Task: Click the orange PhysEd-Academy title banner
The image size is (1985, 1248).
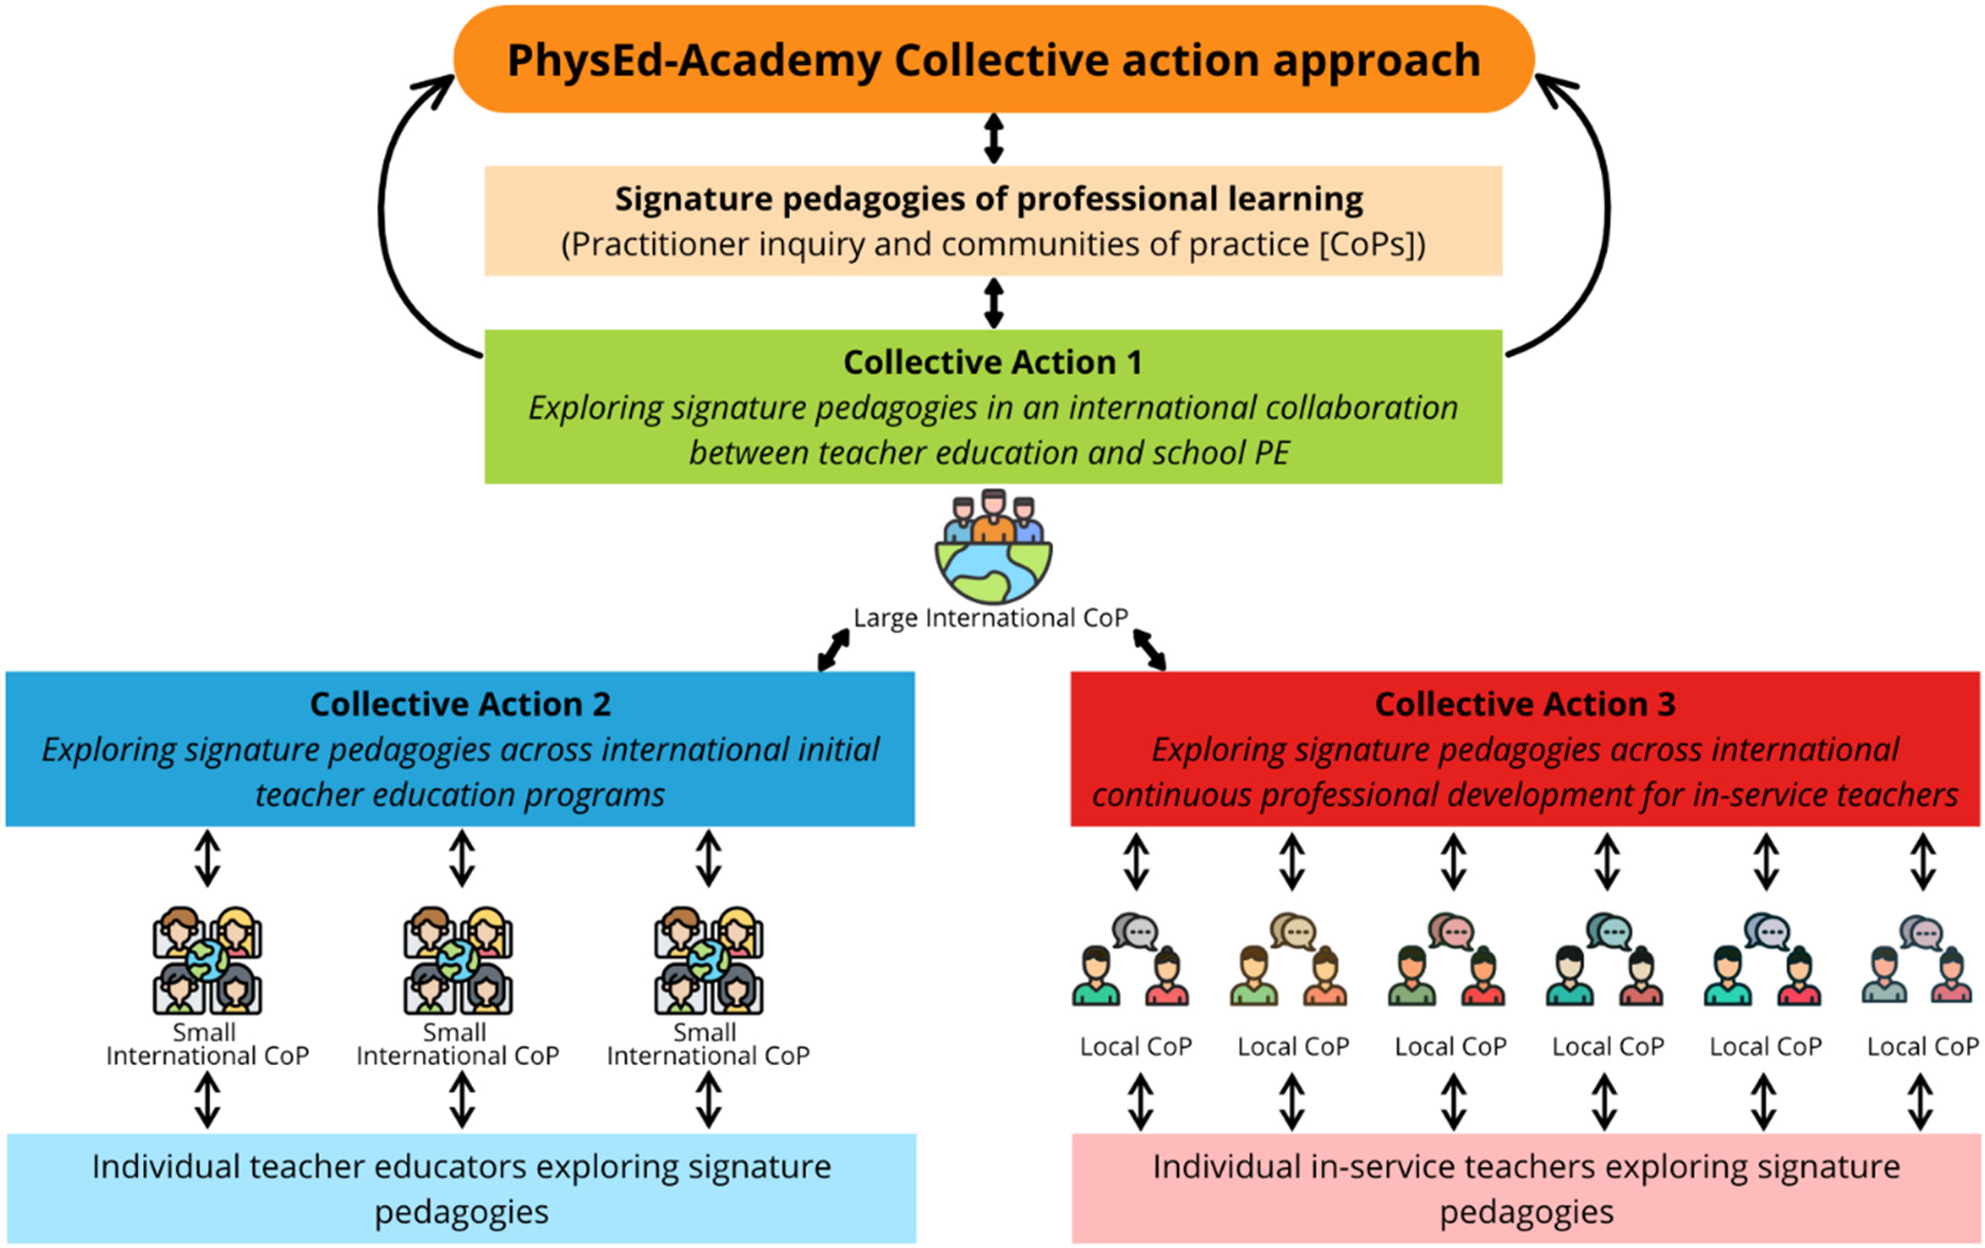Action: click(994, 59)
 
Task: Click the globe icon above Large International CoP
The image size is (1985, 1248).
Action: click(994, 548)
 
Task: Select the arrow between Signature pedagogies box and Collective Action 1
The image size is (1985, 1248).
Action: click(994, 302)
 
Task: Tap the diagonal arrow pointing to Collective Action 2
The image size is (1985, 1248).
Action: click(833, 650)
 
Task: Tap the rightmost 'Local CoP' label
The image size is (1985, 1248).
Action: click(1922, 1047)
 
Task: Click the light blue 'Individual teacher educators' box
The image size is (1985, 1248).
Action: click(461, 1189)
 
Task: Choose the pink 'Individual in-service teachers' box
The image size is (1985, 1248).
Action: click(1526, 1189)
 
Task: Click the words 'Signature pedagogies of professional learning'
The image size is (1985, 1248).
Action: click(989, 199)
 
